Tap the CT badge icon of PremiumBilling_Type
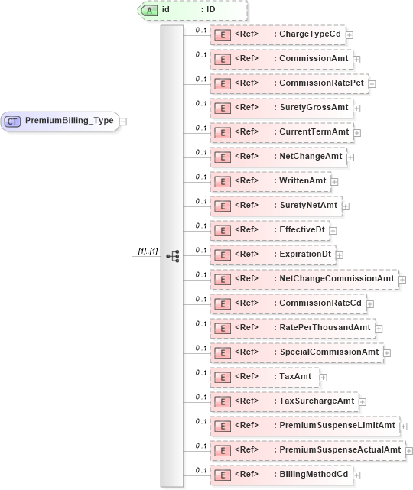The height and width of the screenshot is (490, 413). (x=13, y=121)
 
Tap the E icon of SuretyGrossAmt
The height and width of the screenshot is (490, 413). (x=222, y=108)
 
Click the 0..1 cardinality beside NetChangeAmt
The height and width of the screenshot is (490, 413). (x=200, y=152)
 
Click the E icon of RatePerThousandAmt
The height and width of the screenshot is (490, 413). (x=222, y=328)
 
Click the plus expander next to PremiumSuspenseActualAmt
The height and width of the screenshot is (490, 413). (x=409, y=450)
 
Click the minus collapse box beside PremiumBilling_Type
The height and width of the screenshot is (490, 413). (x=123, y=121)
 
